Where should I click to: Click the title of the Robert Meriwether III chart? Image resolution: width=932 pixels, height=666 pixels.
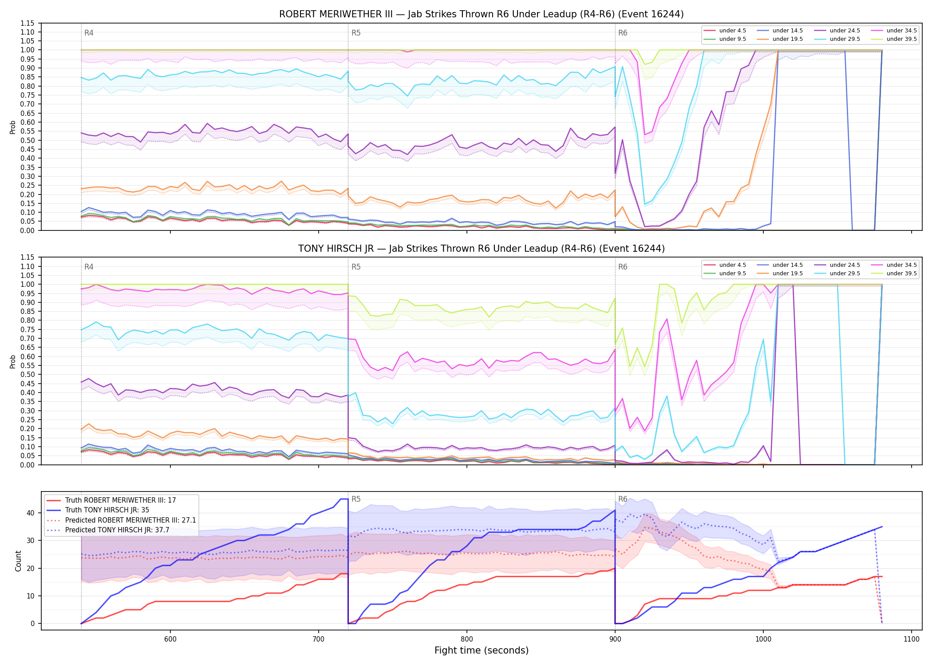point(481,14)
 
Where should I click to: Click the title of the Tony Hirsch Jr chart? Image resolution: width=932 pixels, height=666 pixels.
point(481,249)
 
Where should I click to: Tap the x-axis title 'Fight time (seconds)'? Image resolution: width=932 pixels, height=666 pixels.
point(482,650)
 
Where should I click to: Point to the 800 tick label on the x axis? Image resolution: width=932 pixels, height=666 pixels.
point(467,639)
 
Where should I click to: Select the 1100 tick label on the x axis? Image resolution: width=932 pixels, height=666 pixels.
point(912,639)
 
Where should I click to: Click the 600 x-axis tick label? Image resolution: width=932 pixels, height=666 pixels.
point(170,639)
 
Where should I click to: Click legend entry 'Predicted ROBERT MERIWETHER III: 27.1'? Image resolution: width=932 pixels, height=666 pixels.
point(121,520)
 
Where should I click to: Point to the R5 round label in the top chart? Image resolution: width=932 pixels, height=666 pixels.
point(356,33)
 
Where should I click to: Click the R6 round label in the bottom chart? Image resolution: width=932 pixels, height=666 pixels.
point(623,499)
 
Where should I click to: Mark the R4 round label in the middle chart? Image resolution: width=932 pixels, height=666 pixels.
point(89,267)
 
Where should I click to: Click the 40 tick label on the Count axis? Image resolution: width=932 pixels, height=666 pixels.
point(31,513)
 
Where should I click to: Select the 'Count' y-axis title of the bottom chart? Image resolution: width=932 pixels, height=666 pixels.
point(18,561)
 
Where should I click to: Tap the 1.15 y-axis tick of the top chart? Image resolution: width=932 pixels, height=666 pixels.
point(27,23)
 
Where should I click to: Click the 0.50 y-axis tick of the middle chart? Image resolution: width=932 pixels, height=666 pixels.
point(27,375)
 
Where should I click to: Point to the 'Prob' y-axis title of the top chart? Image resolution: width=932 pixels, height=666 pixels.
point(13,127)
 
